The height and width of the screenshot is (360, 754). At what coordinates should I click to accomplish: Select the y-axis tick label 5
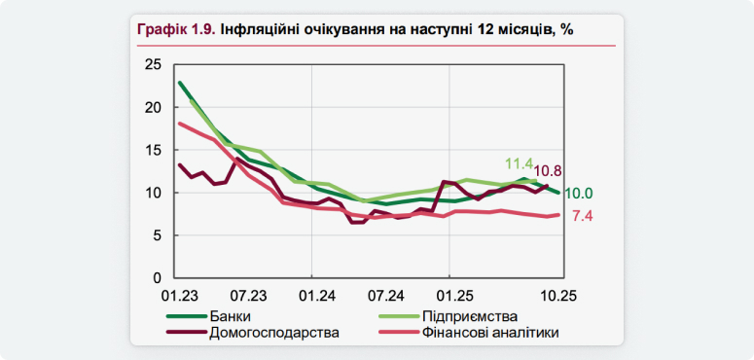[155, 234]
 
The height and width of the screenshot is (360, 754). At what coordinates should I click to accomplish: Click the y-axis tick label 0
[155, 276]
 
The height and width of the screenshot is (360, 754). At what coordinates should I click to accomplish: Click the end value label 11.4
[519, 163]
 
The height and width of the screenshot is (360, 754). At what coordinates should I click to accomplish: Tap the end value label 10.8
[552, 171]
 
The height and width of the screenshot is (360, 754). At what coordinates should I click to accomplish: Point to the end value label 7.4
[582, 216]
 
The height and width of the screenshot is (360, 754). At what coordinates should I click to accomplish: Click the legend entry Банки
[230, 317]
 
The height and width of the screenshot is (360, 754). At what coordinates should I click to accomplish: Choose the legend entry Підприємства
[469, 317]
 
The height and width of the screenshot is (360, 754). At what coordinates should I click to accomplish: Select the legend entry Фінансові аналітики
[490, 333]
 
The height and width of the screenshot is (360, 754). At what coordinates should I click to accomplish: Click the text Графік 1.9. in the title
[175, 29]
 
